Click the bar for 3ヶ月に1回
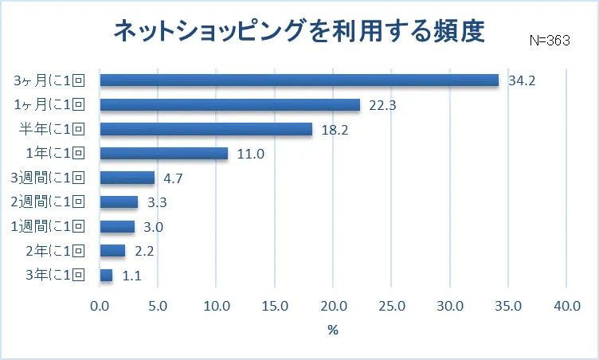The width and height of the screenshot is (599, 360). point(299,80)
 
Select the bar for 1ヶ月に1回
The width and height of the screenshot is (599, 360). point(230,105)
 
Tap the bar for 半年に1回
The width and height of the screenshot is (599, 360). point(206,129)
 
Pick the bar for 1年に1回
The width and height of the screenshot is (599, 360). point(164,154)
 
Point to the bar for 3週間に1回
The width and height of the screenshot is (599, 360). point(127,178)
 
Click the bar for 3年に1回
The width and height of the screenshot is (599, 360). point(107,276)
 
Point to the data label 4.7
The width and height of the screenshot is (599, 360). point(171,178)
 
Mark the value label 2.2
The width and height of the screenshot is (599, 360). point(143,252)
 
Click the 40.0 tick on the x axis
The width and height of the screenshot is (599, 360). point(566,305)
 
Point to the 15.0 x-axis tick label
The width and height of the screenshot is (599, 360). point(275,305)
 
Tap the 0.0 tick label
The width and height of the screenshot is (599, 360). point(100,305)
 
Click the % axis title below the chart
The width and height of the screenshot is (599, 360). point(333,330)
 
